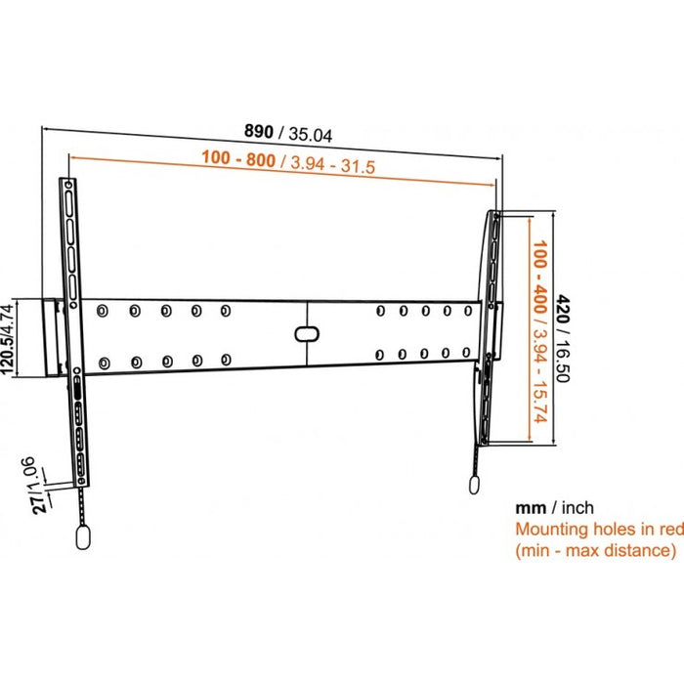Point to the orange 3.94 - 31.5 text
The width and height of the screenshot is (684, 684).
328,163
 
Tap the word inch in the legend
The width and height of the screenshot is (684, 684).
575,508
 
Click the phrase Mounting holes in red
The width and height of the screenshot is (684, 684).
594,530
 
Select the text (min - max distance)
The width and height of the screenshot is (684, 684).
594,551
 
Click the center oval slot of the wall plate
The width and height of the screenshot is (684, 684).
306,332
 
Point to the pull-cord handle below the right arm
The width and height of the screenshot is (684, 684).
476,485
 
